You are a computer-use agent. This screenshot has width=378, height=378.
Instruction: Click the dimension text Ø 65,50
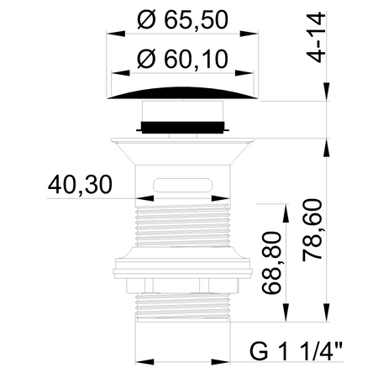click(x=184, y=18)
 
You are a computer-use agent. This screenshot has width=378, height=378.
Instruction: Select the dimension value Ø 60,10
click(x=184, y=60)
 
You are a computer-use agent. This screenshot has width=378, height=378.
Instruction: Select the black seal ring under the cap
click(x=183, y=128)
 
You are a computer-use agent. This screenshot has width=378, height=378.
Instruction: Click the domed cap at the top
click(x=183, y=92)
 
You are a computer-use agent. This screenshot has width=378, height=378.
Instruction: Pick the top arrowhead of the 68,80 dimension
click(x=287, y=207)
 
